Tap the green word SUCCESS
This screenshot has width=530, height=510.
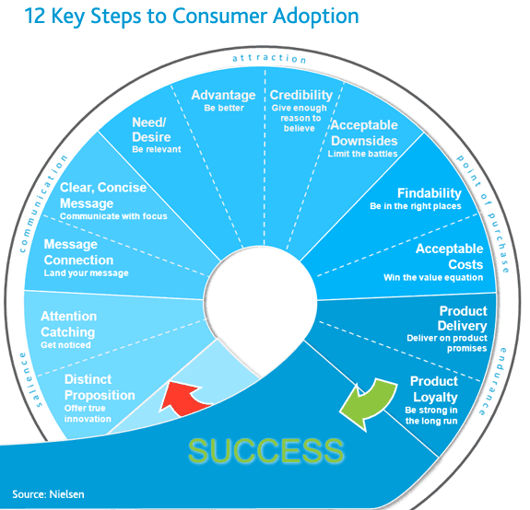click(266, 450)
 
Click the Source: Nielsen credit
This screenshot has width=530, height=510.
click(48, 494)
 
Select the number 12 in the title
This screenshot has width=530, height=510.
click(34, 16)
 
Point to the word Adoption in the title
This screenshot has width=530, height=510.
click(316, 17)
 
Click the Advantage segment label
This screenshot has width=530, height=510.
click(223, 95)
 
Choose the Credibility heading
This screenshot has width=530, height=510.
click(300, 95)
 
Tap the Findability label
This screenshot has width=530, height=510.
click(430, 193)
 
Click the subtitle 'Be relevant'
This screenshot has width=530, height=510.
click(157, 149)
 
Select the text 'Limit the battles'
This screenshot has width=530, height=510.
click(362, 154)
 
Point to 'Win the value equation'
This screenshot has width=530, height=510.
click(433, 277)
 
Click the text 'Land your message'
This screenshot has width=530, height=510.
click(87, 273)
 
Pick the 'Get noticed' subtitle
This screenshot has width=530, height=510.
click(66, 345)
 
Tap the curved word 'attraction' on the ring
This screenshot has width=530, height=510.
click(269, 59)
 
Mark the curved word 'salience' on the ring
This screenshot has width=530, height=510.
click(29, 378)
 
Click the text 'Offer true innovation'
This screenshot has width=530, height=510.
click(88, 413)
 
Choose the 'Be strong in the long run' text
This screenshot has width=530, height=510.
click(431, 415)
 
